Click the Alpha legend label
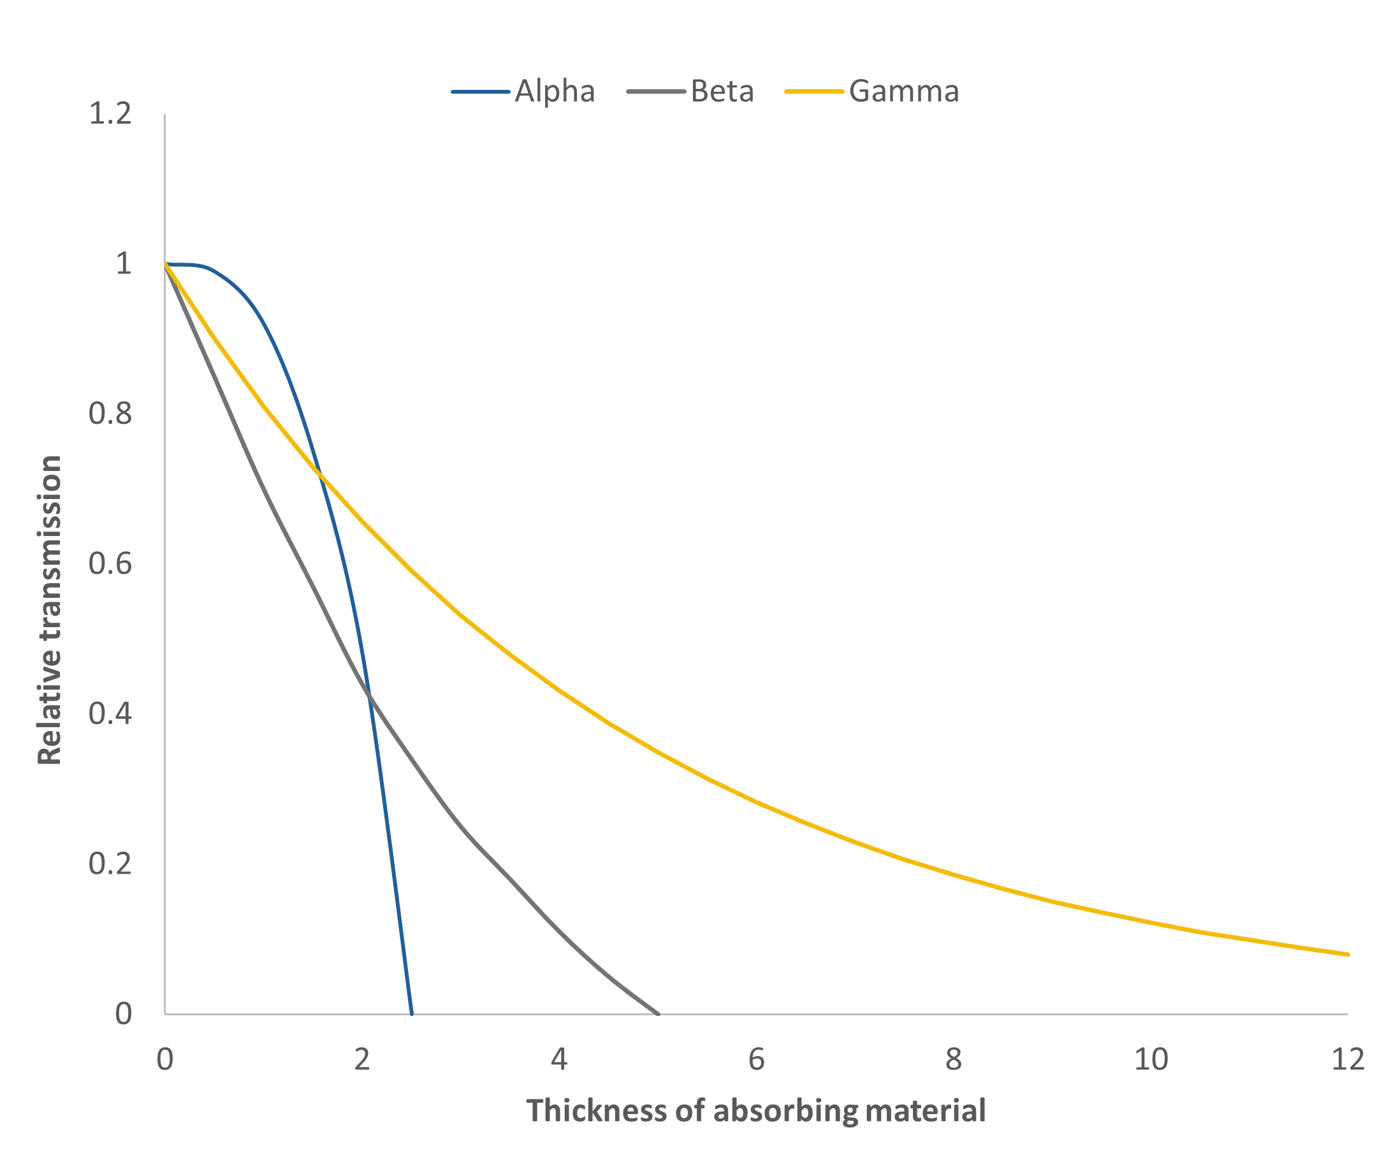[x=555, y=91]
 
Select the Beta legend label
[x=722, y=91]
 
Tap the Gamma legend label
[x=904, y=91]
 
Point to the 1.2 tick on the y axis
[x=110, y=114]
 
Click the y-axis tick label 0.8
[x=110, y=414]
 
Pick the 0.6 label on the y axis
[x=110, y=564]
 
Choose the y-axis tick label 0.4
[x=110, y=714]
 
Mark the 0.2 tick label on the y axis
[x=110, y=864]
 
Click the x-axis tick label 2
[x=362, y=1059]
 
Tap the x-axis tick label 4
[x=559, y=1059]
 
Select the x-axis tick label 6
[x=756, y=1059]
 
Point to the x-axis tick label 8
[x=953, y=1059]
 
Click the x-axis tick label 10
[x=1151, y=1059]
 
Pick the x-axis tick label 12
[x=1348, y=1059]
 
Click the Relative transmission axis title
[x=50, y=610]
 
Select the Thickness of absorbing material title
[x=755, y=1111]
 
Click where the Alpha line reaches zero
[x=411, y=1013]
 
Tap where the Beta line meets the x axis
[x=658, y=1013]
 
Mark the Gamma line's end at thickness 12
[x=1348, y=954]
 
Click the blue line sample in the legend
[x=480, y=91]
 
